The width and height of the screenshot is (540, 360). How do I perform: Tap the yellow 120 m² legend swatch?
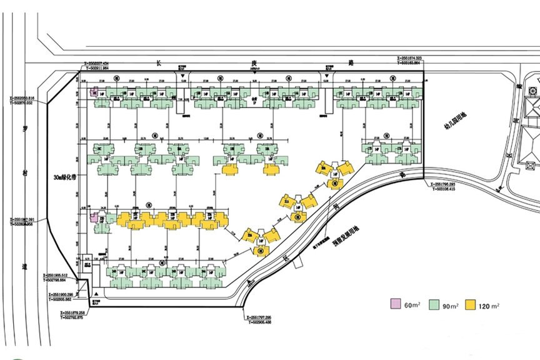(475, 305)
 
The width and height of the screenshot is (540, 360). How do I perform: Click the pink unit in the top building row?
(94, 92)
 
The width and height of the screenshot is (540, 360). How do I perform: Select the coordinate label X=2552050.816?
(22, 98)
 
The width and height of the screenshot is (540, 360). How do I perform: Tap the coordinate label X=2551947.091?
(22, 219)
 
